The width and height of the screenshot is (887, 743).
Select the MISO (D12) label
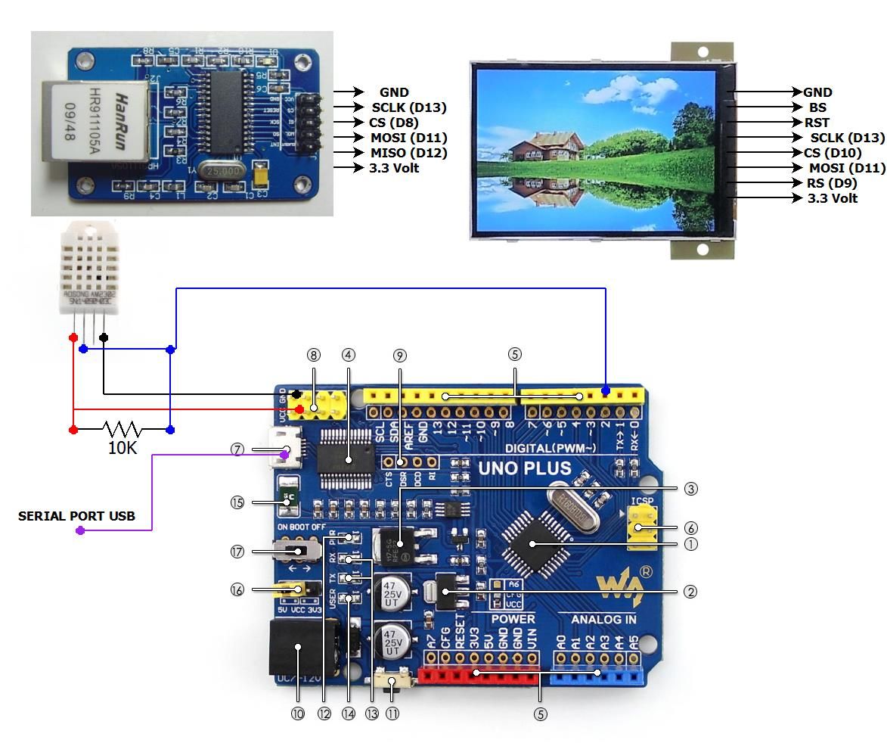click(408, 153)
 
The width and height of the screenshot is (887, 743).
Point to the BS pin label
click(817, 107)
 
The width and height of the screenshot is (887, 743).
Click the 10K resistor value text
click(123, 448)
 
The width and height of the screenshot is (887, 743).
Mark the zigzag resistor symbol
click(122, 429)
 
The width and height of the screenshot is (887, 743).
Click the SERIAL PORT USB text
click(76, 516)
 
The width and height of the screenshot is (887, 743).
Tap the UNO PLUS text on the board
click(524, 468)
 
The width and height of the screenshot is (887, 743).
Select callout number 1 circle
click(690, 544)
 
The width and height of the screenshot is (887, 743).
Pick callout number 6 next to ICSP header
click(690, 528)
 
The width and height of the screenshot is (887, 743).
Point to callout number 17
click(237, 552)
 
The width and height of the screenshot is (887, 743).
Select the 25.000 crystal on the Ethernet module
click(223, 172)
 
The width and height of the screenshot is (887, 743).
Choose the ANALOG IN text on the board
click(603, 620)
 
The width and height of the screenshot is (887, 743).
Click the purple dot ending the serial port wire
click(80, 531)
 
